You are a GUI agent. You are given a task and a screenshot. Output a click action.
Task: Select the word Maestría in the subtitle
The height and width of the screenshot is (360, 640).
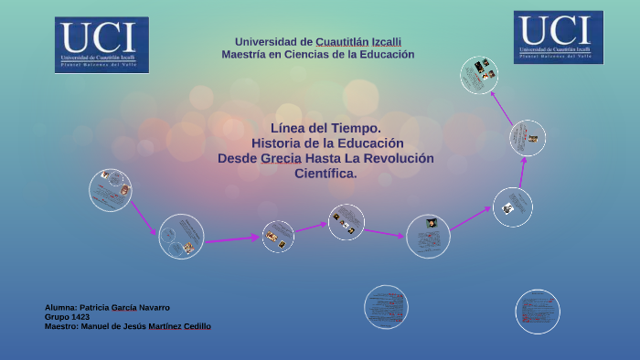(x=245, y=55)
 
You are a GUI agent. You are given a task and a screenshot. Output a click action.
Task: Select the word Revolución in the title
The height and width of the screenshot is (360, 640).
(x=400, y=158)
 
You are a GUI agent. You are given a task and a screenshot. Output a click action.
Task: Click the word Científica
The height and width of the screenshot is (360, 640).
(x=326, y=174)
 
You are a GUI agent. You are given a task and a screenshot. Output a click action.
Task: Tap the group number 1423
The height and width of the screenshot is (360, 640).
(x=79, y=317)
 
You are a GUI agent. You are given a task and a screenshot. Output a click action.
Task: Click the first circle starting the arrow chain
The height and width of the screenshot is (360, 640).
(x=110, y=190)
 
